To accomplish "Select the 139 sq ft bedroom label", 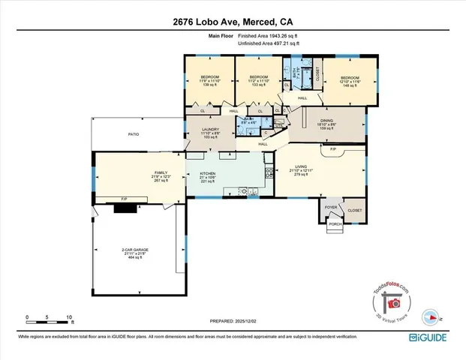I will pyautogui.click(x=209, y=81).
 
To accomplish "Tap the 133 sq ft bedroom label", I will pyautogui.click(x=258, y=81).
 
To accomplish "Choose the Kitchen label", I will pyautogui.click(x=208, y=177).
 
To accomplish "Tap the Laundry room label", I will pyautogui.click(x=209, y=133).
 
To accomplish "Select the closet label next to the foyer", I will pyautogui.click(x=354, y=211).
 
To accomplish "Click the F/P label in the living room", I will pyautogui.click(x=333, y=151).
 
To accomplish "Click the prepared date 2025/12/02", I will pyautogui.click(x=233, y=321).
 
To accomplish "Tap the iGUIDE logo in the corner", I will pyautogui.click(x=433, y=339).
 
